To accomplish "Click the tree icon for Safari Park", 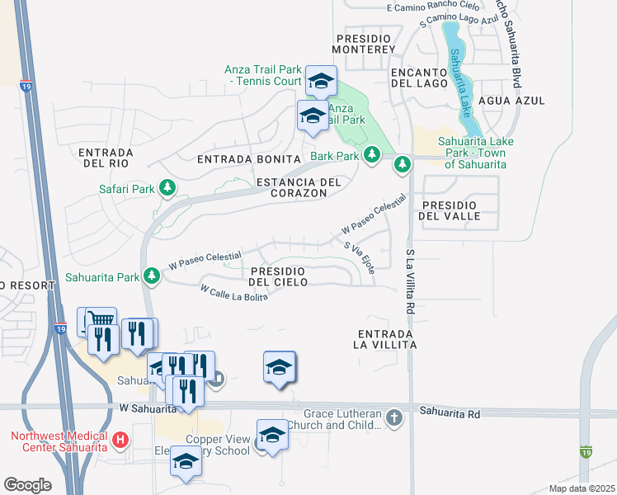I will coord(167,189).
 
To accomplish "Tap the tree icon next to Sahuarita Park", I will coord(152,276).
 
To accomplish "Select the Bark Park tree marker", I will coord(372,155).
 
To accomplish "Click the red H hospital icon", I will coord(121,440).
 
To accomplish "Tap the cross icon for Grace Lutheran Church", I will coord(394,419).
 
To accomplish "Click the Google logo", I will coord(27,484).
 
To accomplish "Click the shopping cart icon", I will coord(101,321).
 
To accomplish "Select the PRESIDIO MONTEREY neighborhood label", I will coord(365,44).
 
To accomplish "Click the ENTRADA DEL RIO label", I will coord(106,158).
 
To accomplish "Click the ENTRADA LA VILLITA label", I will coord(386,338).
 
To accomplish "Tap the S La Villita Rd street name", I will coord(409,280).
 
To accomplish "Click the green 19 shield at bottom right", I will coord(585,451).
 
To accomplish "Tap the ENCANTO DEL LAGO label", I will coord(419,78).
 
